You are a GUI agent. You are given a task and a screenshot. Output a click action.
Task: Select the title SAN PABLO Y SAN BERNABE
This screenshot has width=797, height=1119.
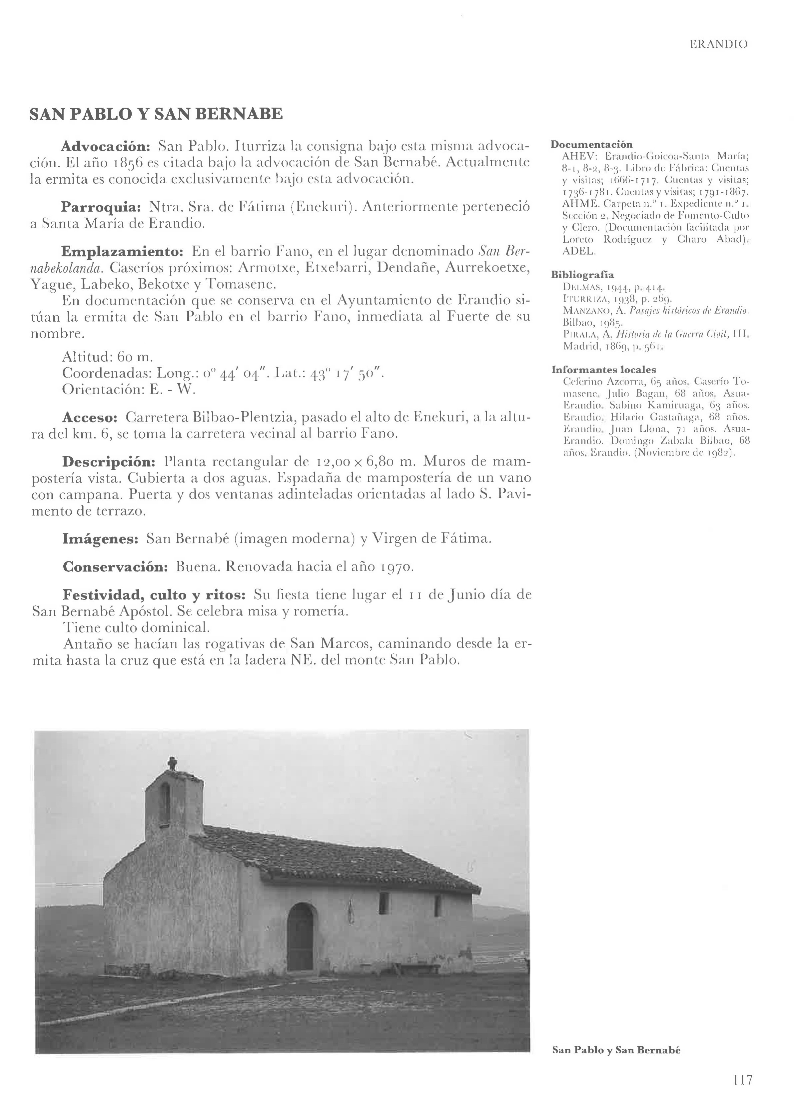pos(156,114)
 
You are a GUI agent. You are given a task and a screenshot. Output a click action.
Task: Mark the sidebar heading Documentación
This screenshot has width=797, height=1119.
pos(591,144)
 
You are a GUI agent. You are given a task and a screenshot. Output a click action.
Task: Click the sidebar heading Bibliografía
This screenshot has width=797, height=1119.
pos(582,275)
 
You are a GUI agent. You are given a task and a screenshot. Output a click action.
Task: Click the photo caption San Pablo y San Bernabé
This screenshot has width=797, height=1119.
pos(616,1050)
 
